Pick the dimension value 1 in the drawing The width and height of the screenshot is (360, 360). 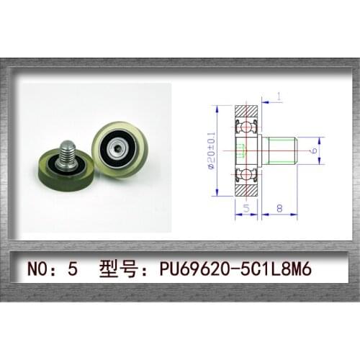click(x=279, y=96)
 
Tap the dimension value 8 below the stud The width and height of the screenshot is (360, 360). click(x=279, y=210)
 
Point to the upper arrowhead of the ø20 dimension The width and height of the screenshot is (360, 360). click(x=216, y=107)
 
